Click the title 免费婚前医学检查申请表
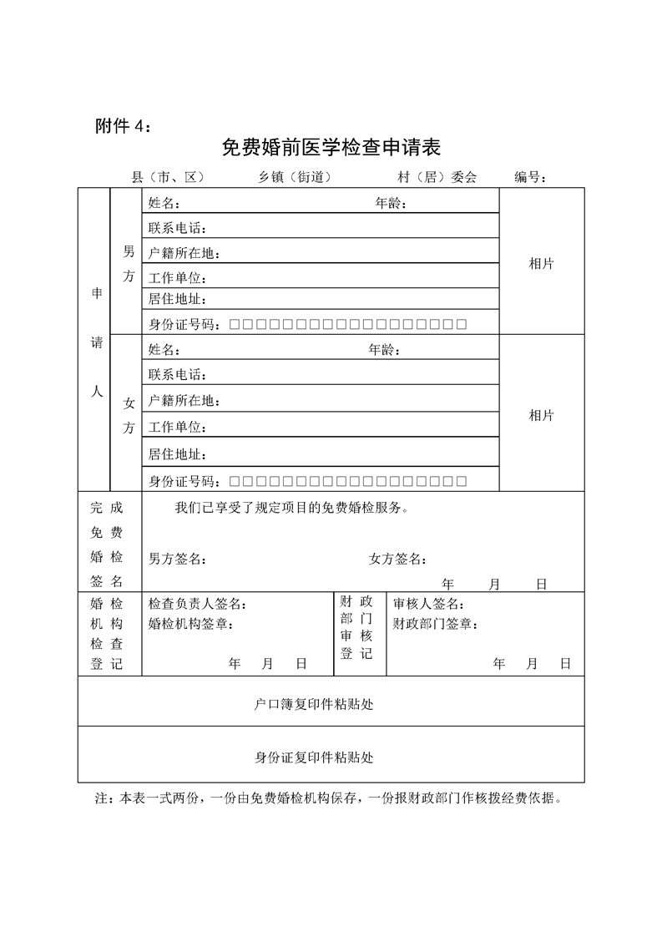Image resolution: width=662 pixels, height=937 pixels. pos(331,148)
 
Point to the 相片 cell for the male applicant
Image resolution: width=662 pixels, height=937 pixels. pos(541,264)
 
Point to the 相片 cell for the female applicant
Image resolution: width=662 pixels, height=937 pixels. pos(541,416)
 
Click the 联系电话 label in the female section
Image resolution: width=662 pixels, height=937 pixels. pos(177,375)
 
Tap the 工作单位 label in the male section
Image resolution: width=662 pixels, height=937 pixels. pos(177,277)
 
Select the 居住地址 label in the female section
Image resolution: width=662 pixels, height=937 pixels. pos(177,454)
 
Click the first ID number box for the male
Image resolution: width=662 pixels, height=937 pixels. pos(235,324)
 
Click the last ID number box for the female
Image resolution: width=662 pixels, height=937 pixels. pos(461,481)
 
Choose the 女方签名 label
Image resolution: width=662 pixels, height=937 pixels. pos(398,559)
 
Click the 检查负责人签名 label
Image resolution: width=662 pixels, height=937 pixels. pos(197,604)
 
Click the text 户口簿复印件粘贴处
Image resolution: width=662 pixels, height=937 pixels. pos(314,704)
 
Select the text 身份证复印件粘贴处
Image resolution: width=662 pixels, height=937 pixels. pos(314,757)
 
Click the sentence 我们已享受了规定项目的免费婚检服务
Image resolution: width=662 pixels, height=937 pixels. pos(292,507)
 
